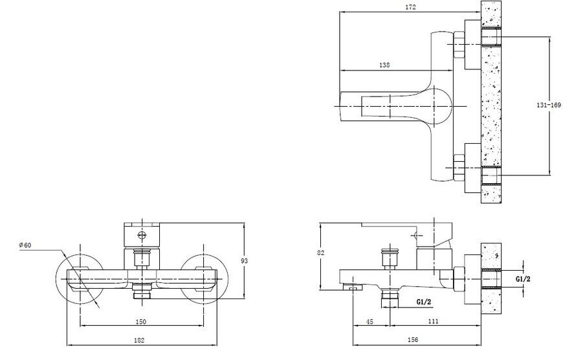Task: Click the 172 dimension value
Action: point(410,7)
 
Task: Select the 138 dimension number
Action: point(384,65)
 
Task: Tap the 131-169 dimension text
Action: point(548,105)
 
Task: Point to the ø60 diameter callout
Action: point(25,245)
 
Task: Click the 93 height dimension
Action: point(244,261)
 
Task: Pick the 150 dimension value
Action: point(141,322)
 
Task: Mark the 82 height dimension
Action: point(320,253)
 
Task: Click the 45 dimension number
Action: point(370,322)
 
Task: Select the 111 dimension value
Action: point(434,321)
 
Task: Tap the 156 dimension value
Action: point(413,339)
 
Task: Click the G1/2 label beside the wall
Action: point(523,279)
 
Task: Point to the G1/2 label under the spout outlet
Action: point(424,302)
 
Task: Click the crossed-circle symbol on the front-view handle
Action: point(142,236)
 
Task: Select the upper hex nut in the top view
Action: point(459,45)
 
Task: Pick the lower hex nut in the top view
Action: point(459,168)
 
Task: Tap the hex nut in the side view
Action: point(459,279)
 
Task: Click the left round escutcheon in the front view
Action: point(80,279)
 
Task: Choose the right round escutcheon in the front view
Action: point(204,279)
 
